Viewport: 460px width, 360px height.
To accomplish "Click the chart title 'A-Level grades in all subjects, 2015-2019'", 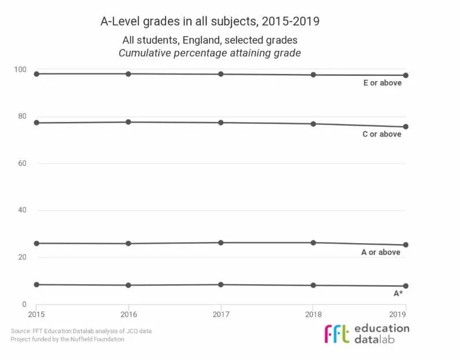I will (210, 21).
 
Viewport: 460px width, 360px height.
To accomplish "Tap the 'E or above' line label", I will (382, 83).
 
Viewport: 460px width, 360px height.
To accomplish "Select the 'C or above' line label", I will (382, 134).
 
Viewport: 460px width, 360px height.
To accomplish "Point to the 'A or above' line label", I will (381, 252).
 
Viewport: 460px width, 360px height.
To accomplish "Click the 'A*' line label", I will (398, 293).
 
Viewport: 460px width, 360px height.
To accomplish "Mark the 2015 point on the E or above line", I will (36, 74).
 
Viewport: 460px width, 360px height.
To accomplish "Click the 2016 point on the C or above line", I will (128, 122).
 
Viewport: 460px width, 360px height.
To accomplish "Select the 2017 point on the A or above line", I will (221, 243).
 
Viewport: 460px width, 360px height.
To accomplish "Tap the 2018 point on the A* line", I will (313, 285).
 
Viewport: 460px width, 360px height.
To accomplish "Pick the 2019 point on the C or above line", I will (406, 127).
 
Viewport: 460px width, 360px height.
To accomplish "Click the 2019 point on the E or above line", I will (406, 75).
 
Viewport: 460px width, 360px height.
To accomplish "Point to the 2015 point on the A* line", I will (36, 285).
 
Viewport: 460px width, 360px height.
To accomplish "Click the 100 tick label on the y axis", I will (20, 69).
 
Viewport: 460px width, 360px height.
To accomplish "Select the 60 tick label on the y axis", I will (22, 163).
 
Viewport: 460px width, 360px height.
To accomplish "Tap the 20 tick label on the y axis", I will (22, 257).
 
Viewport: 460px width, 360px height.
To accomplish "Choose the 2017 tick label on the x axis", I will (221, 314).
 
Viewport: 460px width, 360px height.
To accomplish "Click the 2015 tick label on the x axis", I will (36, 314).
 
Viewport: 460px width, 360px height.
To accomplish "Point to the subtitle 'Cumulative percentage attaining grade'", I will (210, 53).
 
